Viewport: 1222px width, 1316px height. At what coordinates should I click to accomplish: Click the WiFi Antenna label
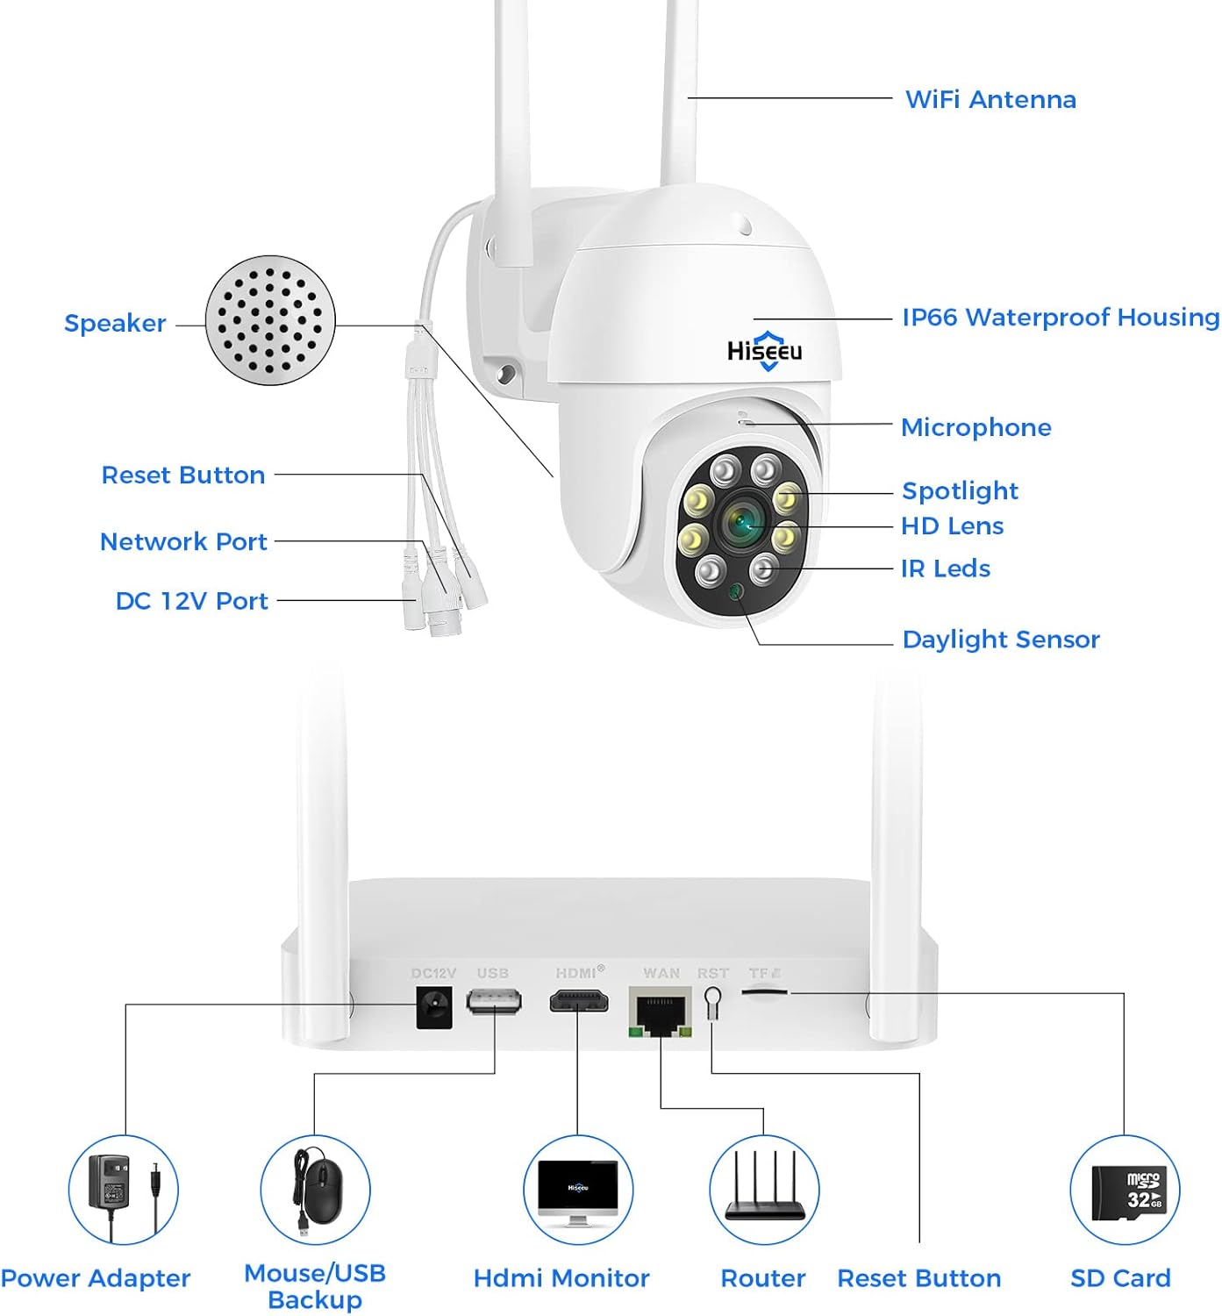990,99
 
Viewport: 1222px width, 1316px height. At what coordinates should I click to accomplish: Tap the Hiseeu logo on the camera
764,352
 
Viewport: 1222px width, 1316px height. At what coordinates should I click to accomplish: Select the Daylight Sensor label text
1000,640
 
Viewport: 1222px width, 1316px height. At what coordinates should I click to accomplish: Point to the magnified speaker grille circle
270,320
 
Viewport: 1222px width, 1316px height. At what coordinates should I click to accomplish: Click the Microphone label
975,427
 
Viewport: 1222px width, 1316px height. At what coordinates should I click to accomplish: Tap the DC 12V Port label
191,601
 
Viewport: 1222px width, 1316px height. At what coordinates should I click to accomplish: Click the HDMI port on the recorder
578,1001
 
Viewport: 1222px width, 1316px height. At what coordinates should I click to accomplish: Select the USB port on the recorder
494,1001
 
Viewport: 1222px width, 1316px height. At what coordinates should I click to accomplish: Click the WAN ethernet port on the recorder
660,1012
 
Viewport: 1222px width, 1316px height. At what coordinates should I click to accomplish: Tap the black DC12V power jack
434,1006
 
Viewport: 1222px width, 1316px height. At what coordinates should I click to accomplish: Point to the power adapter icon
124,1190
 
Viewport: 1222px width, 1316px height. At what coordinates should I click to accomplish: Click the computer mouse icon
316,1190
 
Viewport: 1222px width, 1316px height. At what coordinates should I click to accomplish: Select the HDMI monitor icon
577,1190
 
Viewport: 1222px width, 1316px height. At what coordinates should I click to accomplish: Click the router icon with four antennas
764,1190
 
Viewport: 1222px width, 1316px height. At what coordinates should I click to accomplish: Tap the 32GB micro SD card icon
1125,1190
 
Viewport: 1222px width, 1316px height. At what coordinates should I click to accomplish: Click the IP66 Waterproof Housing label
1060,317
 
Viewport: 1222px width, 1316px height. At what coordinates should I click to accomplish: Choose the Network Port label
183,541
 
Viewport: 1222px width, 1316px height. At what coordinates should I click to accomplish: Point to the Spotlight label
960,490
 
